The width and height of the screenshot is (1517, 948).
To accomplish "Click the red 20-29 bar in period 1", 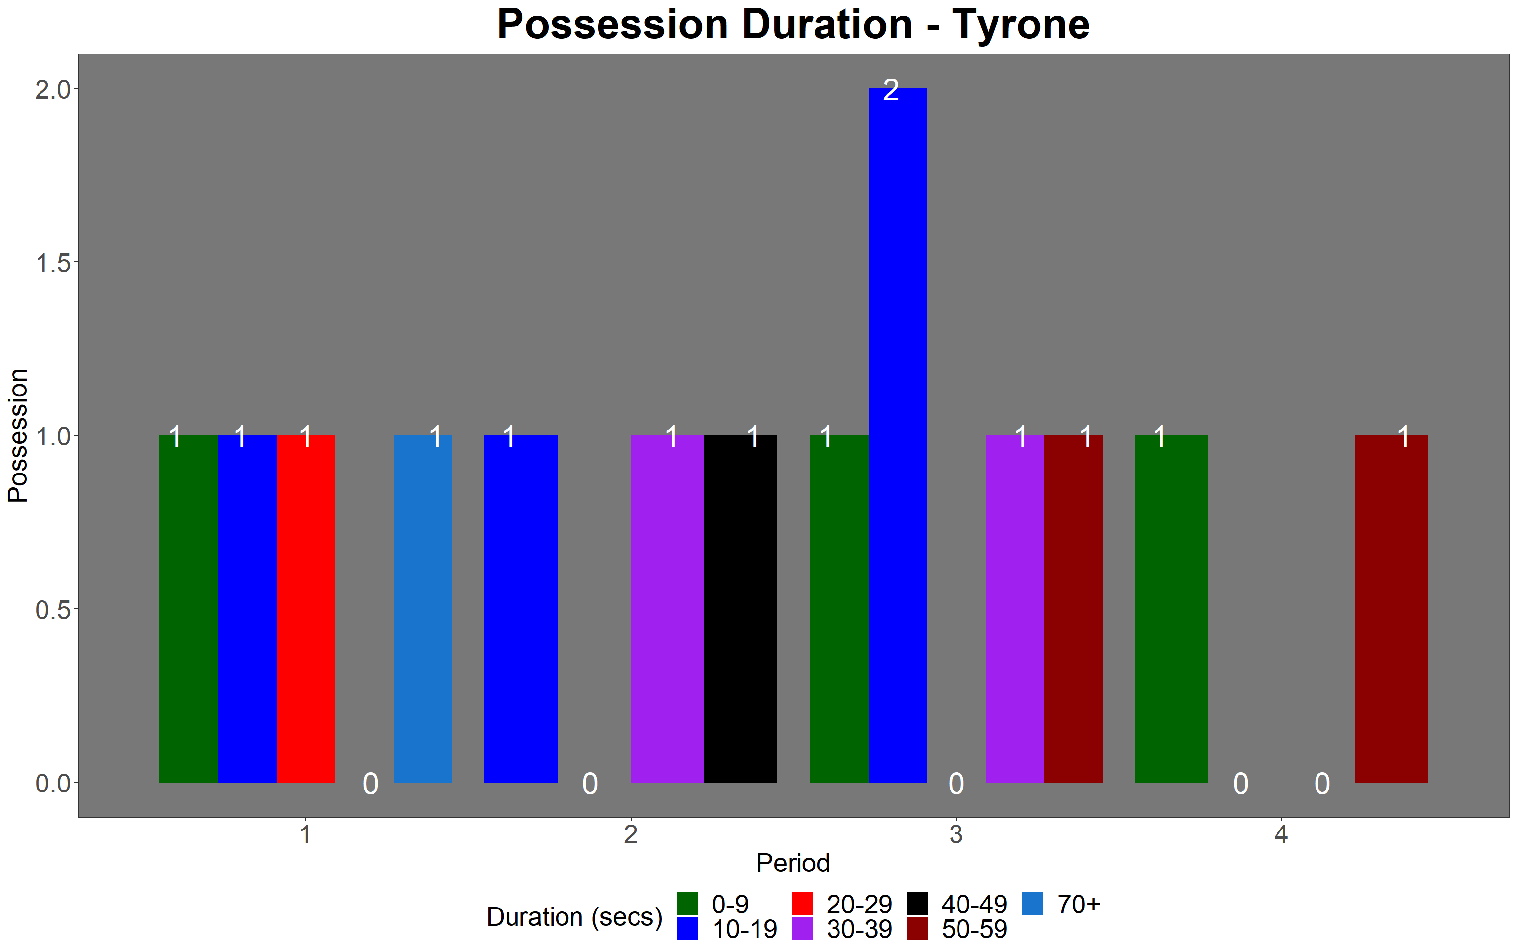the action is coord(305,609).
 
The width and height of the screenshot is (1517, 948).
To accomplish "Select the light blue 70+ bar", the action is coord(423,609).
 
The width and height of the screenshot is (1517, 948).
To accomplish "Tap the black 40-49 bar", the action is coord(740,609).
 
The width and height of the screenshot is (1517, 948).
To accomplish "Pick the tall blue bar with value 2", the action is coord(898,435).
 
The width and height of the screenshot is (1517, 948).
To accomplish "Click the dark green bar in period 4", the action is coord(1172,609).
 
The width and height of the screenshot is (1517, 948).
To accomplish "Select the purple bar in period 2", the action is coord(668,609).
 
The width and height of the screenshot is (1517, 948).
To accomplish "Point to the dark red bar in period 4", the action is coord(1392,609).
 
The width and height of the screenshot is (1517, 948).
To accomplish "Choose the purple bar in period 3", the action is coord(1015,609).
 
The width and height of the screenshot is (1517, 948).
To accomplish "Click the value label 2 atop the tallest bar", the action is coord(891,91).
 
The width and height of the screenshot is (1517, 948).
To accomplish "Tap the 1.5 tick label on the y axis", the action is coord(53,263).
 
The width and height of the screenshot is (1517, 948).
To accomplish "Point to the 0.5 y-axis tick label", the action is coord(53,609).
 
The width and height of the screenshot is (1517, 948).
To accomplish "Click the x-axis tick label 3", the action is coord(956,834).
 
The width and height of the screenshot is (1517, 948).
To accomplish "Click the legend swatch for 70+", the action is coord(1033,904).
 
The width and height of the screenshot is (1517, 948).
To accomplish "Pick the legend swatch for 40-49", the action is coord(918,904).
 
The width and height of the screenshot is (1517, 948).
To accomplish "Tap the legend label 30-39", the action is coord(859,929).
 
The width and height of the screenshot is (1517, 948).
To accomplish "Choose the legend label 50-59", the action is coord(974,929).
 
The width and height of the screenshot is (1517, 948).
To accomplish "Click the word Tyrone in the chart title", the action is coord(1021,25).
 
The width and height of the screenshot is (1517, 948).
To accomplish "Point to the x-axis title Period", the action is coord(793,864).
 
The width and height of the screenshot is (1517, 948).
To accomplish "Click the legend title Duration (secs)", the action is coord(574,917).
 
